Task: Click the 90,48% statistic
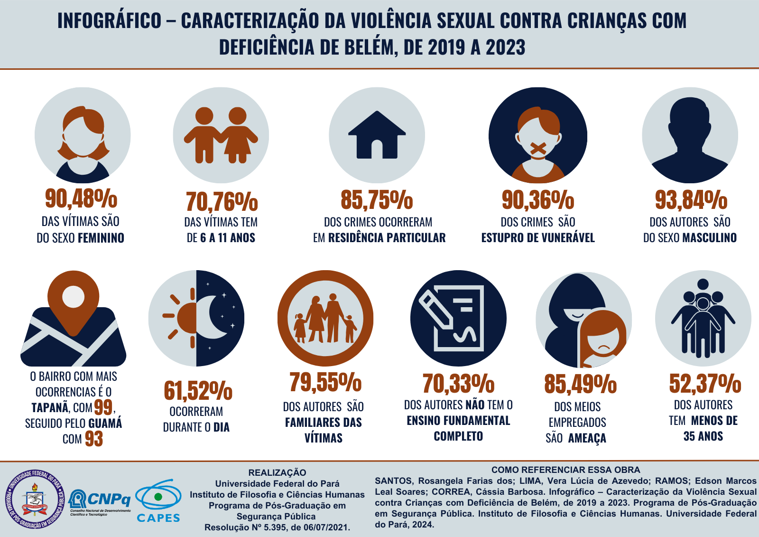point(81,198)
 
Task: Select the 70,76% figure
point(222,202)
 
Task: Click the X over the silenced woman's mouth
point(538,149)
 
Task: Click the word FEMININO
point(101,238)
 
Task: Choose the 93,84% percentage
point(691,200)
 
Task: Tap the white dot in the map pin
point(74,297)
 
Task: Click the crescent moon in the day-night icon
point(213,317)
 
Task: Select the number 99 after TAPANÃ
point(103,407)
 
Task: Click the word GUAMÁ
point(105,423)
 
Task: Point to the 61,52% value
point(198,391)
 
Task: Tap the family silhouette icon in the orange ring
point(325,319)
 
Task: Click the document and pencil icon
point(458,318)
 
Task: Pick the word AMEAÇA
point(587,438)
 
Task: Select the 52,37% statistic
point(705,384)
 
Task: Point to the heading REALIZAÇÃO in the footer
point(277,472)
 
